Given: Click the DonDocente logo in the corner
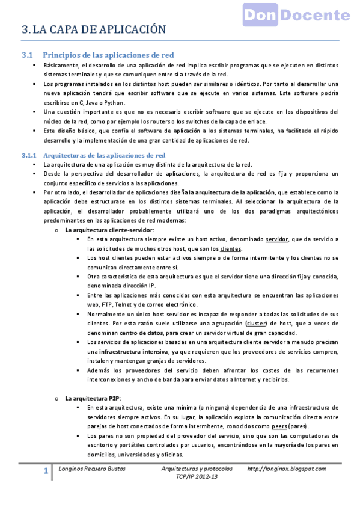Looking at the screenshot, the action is point(296,14).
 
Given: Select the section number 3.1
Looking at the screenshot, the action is point(28,55).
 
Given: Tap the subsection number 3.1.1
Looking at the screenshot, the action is point(29,155).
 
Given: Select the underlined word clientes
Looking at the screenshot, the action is point(231,248).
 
